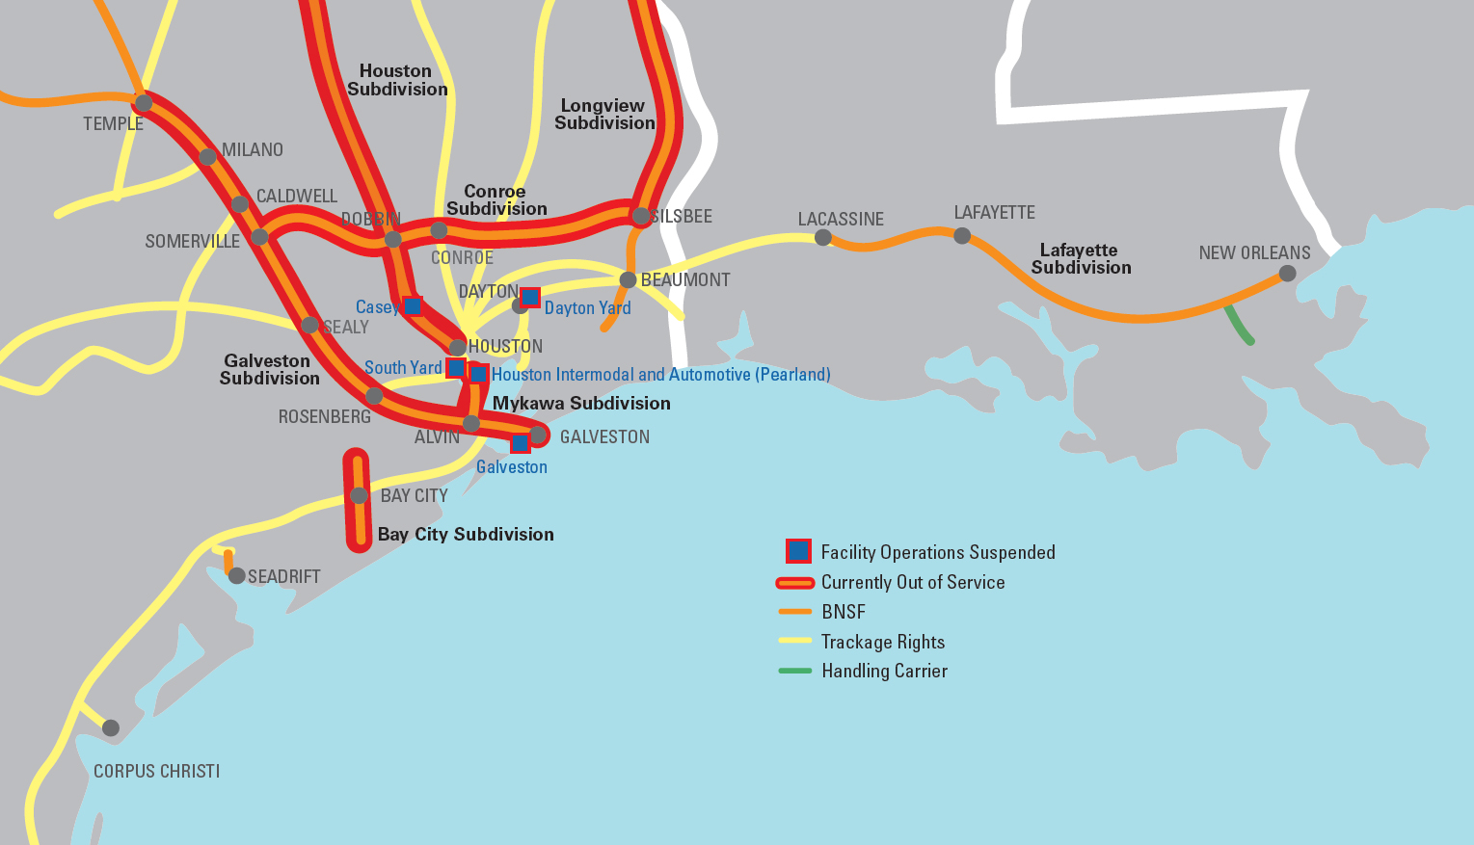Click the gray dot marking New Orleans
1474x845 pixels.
(1287, 274)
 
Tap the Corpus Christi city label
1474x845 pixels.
(156, 772)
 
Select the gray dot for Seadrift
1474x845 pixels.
(236, 575)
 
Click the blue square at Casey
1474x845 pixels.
(412, 305)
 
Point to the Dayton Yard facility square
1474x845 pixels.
(530, 297)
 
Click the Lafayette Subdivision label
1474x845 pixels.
(1080, 259)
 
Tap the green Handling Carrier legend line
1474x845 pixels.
(795, 671)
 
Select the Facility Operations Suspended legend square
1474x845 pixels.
(798, 551)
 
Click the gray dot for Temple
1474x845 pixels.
(144, 102)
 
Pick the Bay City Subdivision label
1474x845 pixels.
(466, 535)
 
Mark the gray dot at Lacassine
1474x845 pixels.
(822, 237)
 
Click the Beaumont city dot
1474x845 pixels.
(628, 279)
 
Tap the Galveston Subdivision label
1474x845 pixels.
(269, 370)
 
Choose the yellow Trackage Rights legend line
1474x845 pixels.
(795, 641)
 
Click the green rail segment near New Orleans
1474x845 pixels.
(1238, 325)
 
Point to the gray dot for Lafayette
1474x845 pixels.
(961, 235)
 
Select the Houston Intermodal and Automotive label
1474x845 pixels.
(660, 375)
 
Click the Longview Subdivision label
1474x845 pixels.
(604, 115)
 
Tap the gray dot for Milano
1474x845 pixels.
(207, 156)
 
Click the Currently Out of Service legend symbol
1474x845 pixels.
(795, 582)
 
